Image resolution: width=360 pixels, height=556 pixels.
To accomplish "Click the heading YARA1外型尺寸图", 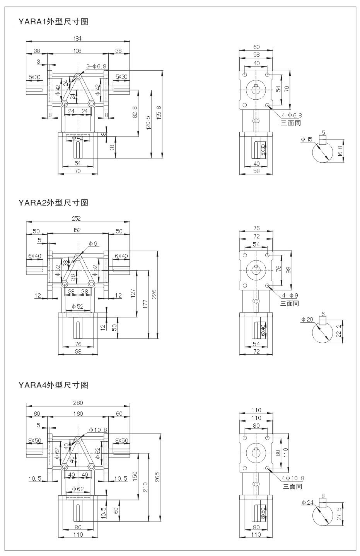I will [53, 22].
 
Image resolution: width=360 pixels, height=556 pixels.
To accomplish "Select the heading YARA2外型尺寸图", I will [53, 202].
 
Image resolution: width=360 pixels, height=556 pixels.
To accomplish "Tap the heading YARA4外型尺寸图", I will [53, 385].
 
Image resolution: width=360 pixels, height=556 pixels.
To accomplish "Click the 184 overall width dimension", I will [78, 38].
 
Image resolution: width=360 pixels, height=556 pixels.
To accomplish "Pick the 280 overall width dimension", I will [78, 403].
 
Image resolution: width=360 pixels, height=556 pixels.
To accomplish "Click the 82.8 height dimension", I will [135, 112].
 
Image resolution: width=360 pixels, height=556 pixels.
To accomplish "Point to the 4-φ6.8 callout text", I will [292, 115].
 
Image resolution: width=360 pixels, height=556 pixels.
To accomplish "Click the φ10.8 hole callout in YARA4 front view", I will [98, 430].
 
